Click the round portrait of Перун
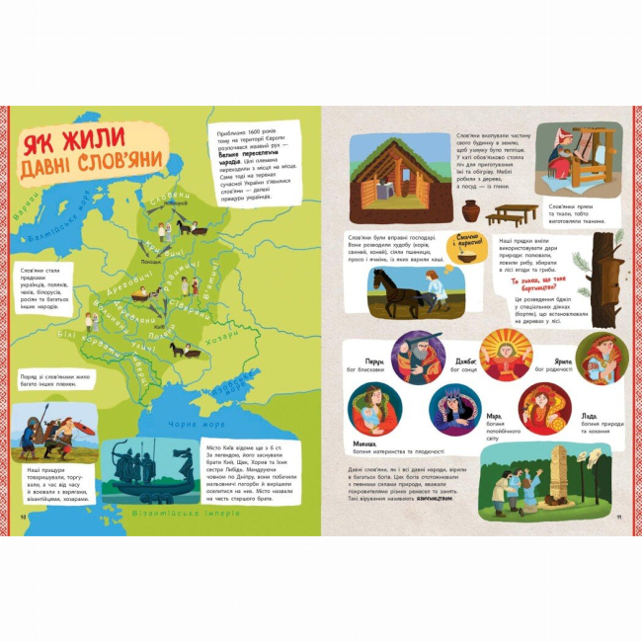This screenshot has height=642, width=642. coord(417,357)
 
